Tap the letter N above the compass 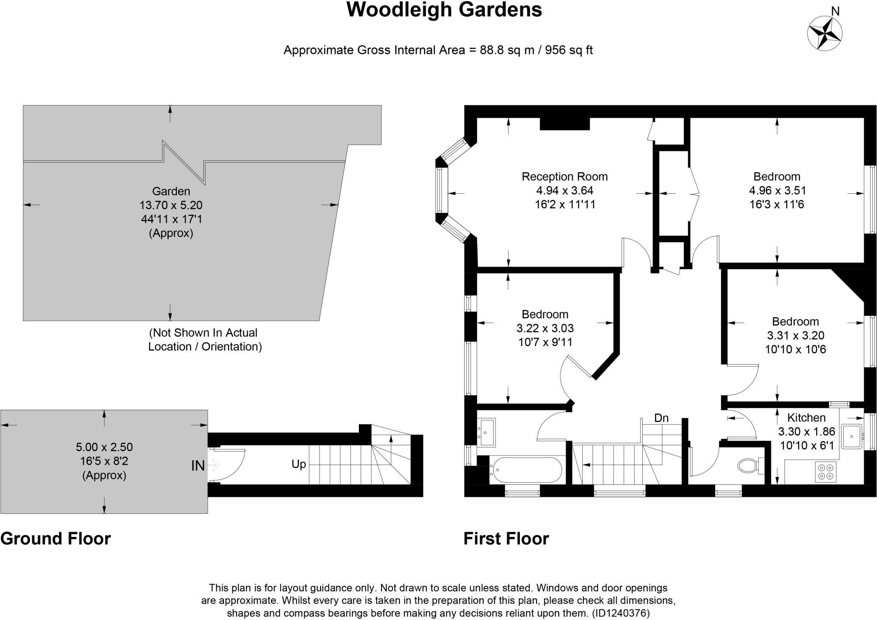835,11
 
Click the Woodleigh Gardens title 444,10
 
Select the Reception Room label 564,177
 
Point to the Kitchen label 806,417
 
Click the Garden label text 171,191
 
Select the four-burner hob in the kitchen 825,472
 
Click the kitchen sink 851,436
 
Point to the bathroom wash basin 486,432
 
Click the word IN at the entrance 197,466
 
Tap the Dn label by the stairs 661,418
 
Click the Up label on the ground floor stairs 298,464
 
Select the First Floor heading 506,539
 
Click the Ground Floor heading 56,539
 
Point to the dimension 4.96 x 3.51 777,190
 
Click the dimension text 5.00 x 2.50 104,447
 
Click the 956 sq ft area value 569,50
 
